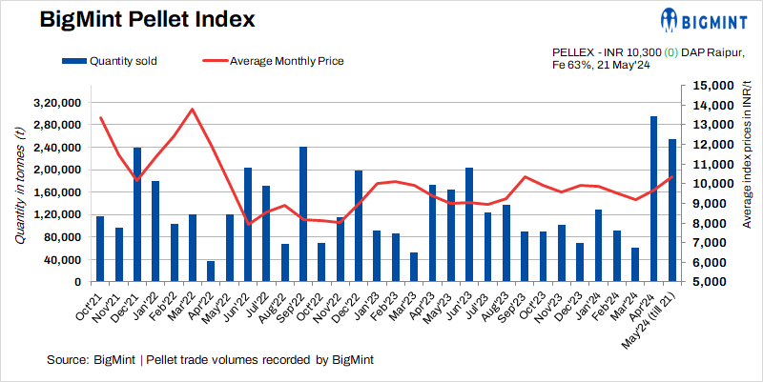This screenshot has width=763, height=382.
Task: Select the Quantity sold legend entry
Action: tap(110, 61)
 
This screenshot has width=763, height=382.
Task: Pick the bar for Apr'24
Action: tap(653, 199)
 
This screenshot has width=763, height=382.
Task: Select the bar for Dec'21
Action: tap(137, 215)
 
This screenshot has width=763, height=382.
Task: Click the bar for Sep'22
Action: tap(303, 214)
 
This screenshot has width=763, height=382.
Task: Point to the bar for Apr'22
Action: tap(211, 271)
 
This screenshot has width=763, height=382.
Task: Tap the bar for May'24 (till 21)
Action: tap(672, 211)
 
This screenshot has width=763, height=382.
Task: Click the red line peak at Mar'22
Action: tap(193, 109)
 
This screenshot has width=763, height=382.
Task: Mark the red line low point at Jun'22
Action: tap(248, 224)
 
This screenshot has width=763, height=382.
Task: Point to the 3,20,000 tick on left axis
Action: tap(57, 102)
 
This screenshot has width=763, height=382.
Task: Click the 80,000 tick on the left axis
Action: tap(63, 237)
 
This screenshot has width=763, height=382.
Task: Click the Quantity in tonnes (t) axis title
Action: tap(19, 191)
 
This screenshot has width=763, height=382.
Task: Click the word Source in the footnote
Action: tap(67, 360)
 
